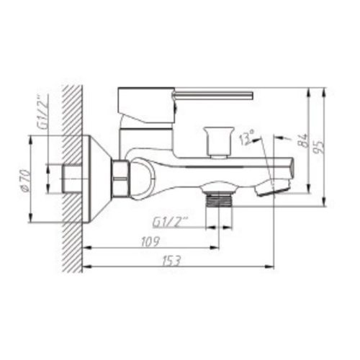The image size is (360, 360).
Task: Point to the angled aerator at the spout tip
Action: tap(274, 186)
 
